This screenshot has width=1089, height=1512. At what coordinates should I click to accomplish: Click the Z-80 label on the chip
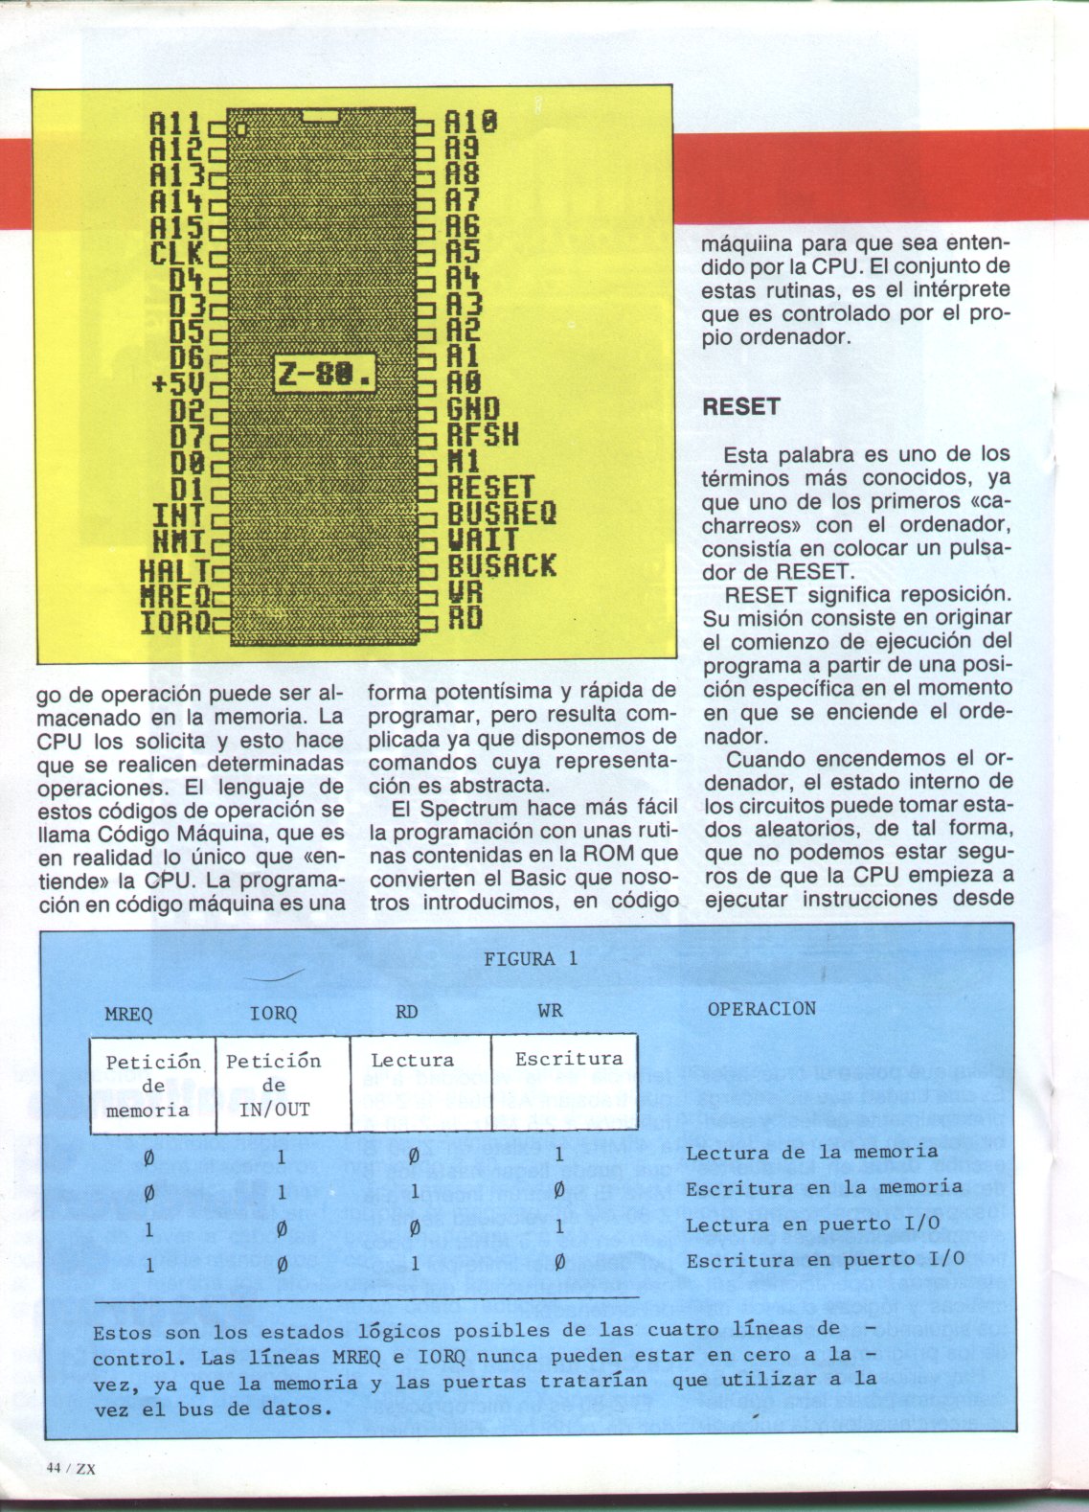click(324, 375)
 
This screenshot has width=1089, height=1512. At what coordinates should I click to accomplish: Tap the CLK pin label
click(177, 255)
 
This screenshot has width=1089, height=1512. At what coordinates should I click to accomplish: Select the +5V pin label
click(178, 385)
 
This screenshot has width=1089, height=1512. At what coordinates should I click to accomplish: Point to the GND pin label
click(473, 410)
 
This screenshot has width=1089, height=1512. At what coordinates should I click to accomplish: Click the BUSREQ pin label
click(501, 514)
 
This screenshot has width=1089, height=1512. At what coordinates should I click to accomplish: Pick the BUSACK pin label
click(501, 565)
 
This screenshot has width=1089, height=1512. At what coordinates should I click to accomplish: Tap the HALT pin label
click(172, 573)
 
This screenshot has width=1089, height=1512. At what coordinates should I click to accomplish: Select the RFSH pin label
click(483, 436)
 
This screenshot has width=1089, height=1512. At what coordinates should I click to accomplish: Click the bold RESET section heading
click(740, 406)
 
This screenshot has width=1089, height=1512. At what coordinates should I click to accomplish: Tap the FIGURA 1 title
click(531, 959)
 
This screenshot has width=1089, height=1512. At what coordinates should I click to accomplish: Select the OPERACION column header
click(761, 1009)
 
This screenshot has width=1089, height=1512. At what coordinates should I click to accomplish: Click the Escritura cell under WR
click(568, 1059)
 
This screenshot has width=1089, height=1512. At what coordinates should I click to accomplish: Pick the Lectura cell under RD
click(412, 1060)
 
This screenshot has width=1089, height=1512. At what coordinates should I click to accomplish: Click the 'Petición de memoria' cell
click(152, 1086)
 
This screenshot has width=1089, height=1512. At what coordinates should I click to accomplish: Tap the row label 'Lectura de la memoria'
click(811, 1152)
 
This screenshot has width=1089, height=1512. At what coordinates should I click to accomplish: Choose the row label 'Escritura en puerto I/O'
click(825, 1260)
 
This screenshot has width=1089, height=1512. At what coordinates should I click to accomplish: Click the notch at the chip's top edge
click(323, 115)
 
